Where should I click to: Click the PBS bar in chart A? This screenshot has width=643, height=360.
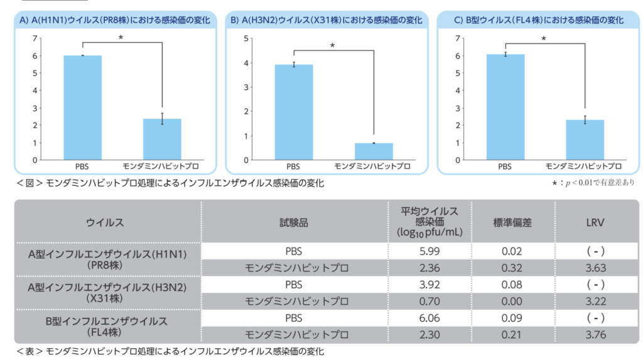(82, 107)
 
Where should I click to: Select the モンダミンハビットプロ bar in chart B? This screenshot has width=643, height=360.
(374, 151)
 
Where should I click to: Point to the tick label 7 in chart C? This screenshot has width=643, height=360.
(463, 38)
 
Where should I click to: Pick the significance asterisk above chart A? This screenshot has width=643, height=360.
(121, 38)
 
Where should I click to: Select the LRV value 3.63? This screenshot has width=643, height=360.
(595, 268)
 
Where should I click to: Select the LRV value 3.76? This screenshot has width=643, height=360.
(595, 335)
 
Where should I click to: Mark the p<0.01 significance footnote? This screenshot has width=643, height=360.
(593, 183)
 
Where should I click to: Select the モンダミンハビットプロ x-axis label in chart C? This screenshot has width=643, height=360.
(583, 166)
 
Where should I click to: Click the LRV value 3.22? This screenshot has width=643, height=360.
(595, 302)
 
